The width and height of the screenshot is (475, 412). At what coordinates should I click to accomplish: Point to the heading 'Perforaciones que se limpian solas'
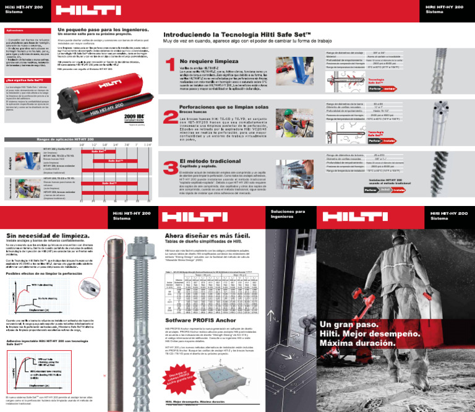point(220,107)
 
